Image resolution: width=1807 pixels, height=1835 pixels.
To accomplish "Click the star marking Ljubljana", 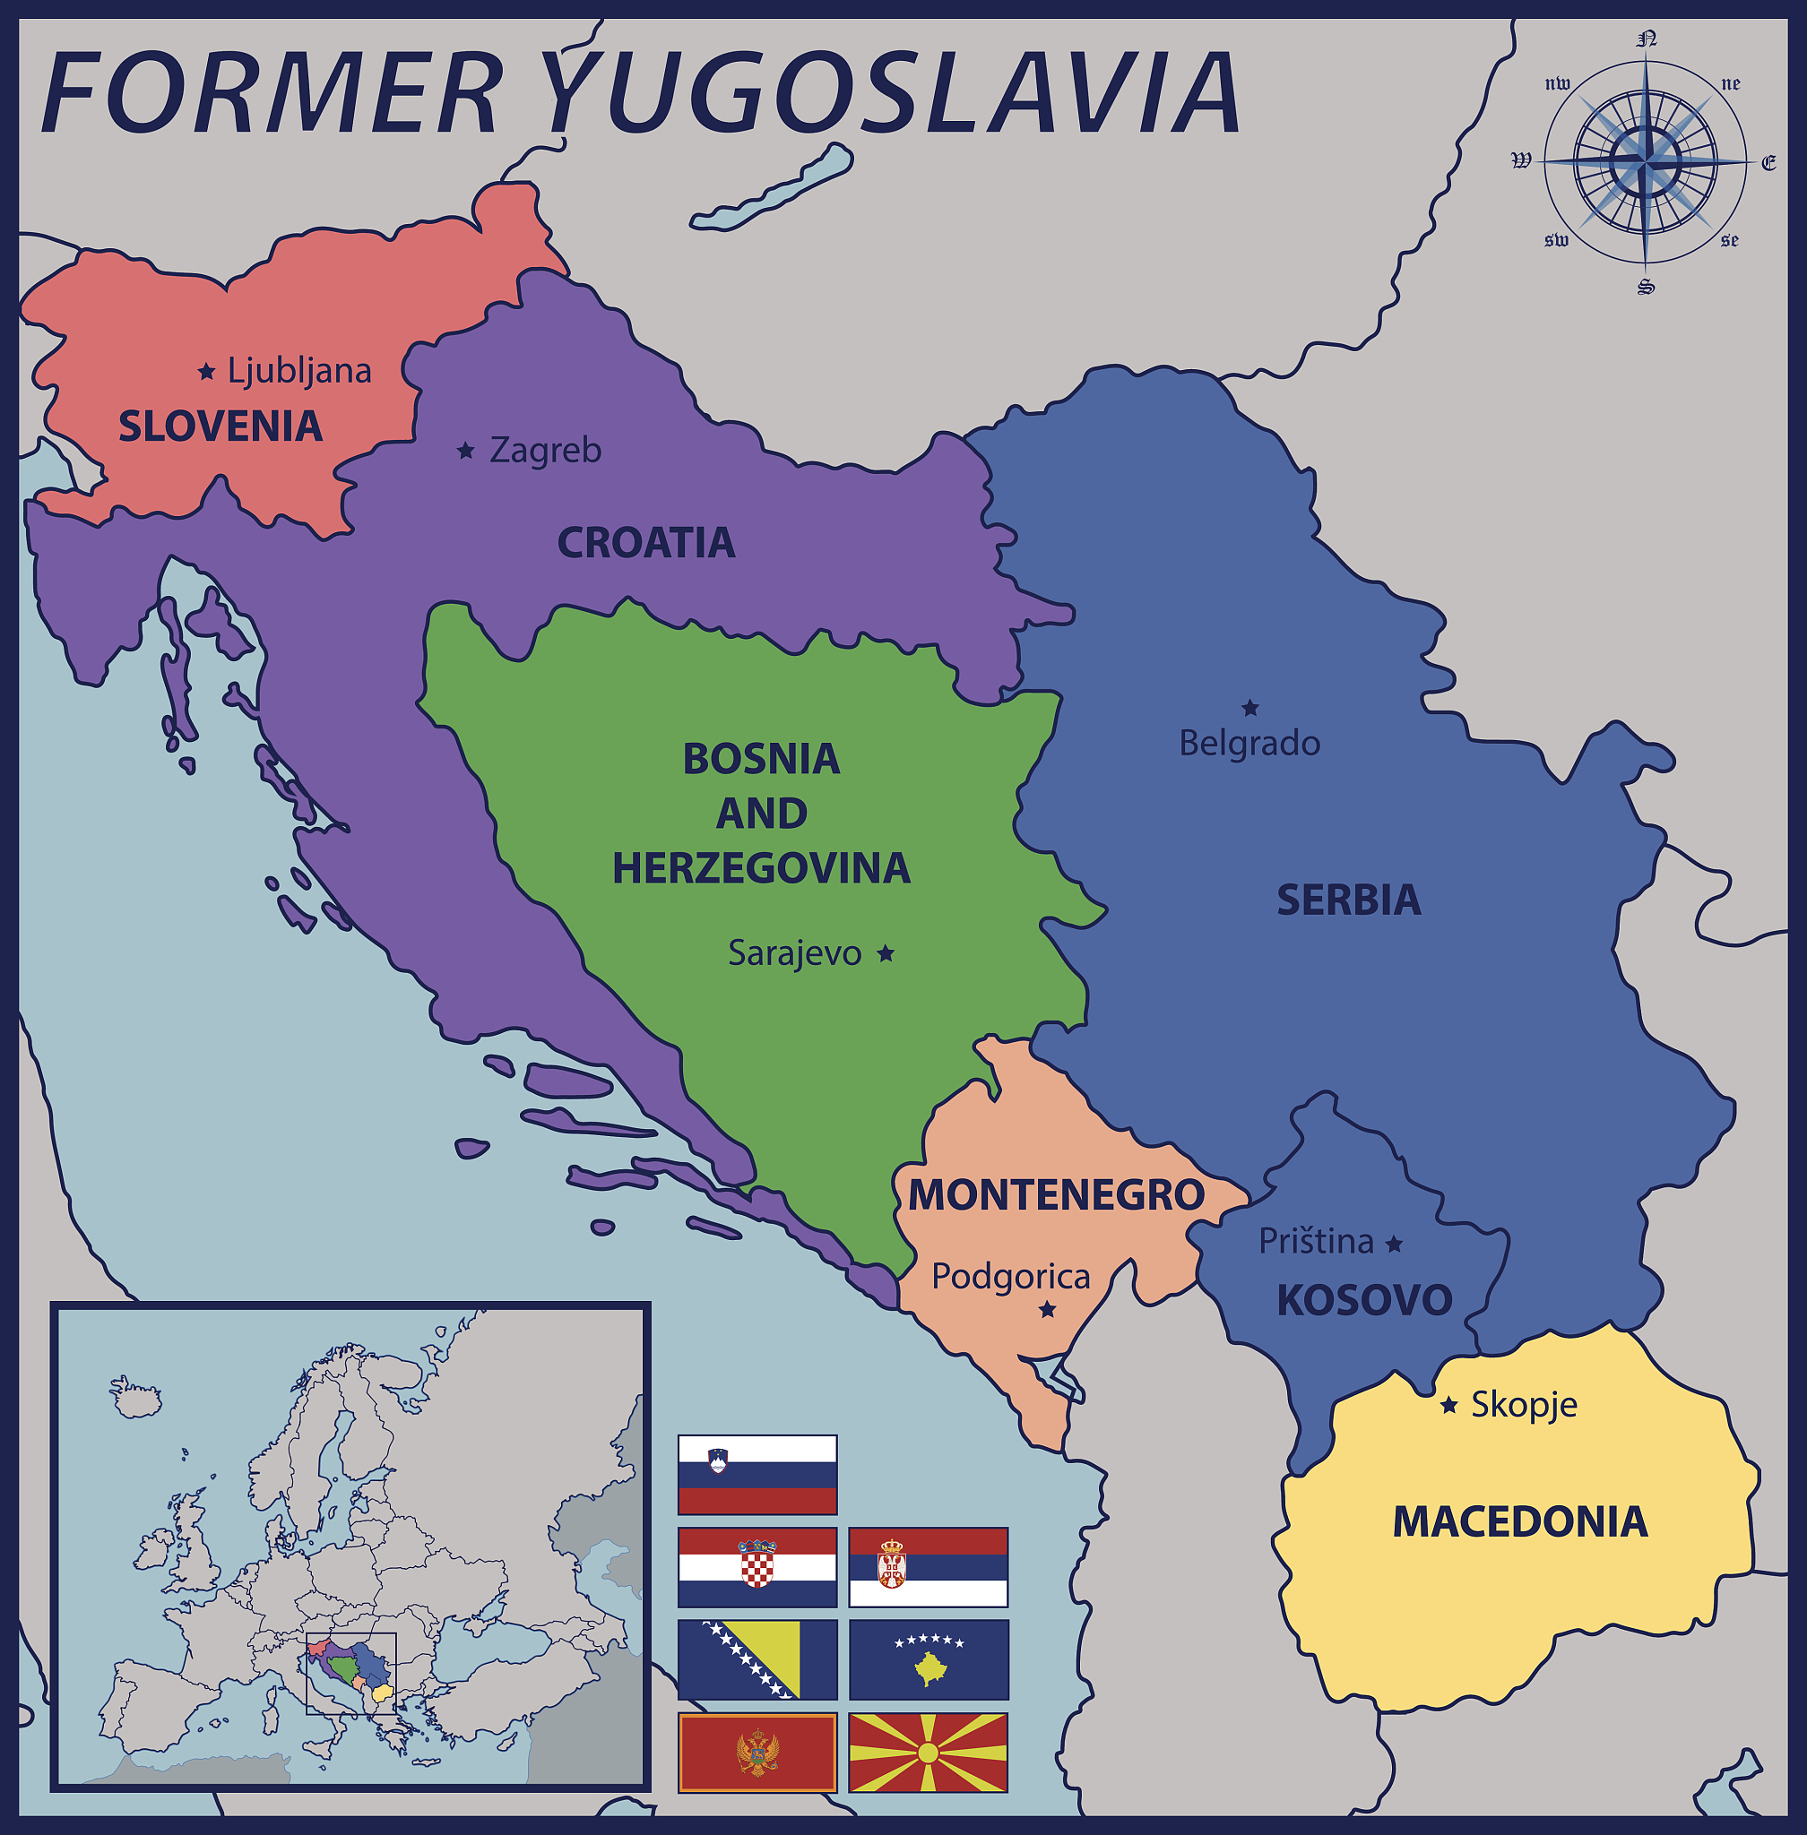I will (206, 372).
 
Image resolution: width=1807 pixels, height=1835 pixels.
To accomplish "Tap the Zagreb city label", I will (545, 451).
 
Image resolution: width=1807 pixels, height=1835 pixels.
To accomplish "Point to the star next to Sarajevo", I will (886, 953).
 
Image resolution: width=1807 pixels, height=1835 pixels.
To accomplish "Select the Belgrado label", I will (1249, 743).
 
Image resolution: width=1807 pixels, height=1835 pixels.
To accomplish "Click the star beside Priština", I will (1394, 1244).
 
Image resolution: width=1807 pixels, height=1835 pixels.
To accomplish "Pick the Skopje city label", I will (1523, 1405).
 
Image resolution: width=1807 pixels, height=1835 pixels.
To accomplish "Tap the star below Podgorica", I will (1048, 1310).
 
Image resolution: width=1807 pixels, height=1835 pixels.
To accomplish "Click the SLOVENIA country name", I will (220, 427).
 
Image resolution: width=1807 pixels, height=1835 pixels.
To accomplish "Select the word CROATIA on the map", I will (645, 543).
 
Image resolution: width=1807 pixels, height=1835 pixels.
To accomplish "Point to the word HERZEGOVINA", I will (761, 869).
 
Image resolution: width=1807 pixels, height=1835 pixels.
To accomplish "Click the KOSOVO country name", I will (1364, 1301).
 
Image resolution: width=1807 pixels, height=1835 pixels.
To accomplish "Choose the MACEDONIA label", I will (1519, 1523).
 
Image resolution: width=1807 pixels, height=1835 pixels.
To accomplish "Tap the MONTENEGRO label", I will (1056, 1195).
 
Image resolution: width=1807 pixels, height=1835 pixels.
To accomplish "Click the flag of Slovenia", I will (757, 1475).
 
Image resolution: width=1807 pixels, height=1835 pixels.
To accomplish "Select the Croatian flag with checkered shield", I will (757, 1566).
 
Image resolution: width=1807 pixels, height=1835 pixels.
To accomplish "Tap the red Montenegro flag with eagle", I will (757, 1752).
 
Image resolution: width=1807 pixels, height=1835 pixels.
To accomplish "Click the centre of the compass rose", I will (1646, 162).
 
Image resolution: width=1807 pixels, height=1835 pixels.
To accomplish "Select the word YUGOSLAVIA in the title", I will (892, 93).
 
